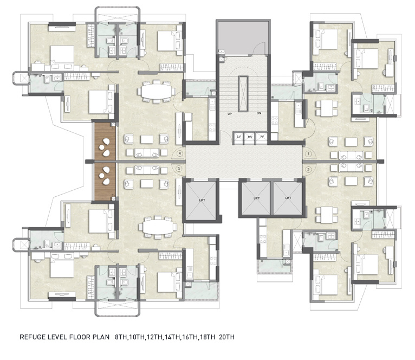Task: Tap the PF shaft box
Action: click(x=262, y=137)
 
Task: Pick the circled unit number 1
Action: click(x=308, y=154)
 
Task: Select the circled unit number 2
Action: click(x=308, y=170)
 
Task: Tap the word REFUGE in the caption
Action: click(x=35, y=337)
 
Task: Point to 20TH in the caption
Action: click(x=227, y=337)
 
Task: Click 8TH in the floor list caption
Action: click(x=122, y=337)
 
